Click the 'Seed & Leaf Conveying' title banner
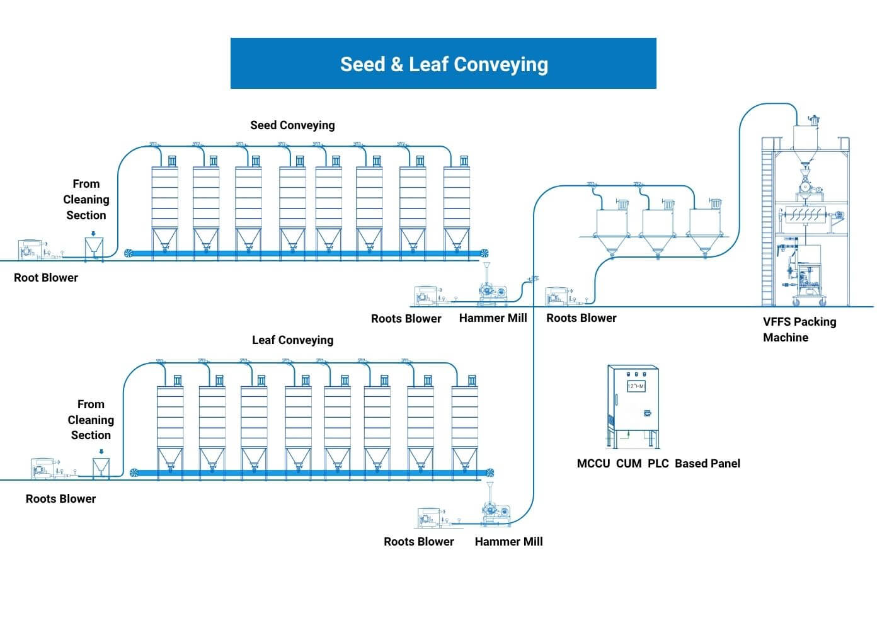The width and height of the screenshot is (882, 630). pyautogui.click(x=443, y=64)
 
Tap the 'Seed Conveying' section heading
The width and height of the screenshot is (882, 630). pyautogui.click(x=292, y=125)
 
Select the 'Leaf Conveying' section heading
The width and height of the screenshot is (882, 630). pyautogui.click(x=292, y=340)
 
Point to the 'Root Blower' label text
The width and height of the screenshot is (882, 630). pyautogui.click(x=46, y=278)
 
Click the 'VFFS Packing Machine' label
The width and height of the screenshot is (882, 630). pyautogui.click(x=799, y=329)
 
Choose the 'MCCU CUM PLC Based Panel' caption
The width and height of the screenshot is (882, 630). pyautogui.click(x=658, y=464)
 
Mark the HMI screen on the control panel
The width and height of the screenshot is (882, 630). pyautogui.click(x=636, y=386)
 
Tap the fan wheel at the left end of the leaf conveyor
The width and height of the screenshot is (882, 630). pyautogui.click(x=134, y=473)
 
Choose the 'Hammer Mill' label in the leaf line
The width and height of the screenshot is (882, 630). pyautogui.click(x=508, y=542)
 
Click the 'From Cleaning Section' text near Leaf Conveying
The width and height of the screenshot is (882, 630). pyautogui.click(x=91, y=420)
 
